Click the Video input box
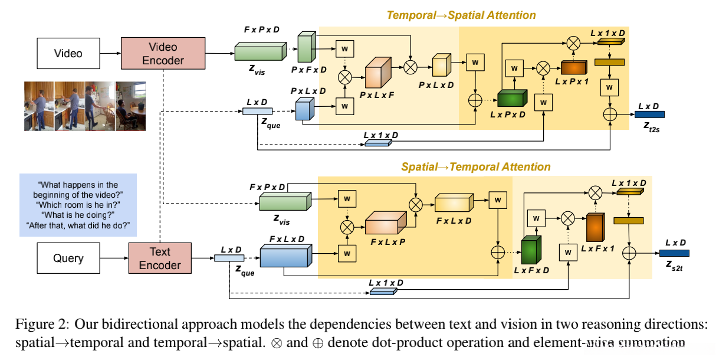[68, 53]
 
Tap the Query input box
[68, 258]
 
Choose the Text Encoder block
[159, 258]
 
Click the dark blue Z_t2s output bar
[649, 114]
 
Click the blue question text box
[77, 205]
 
